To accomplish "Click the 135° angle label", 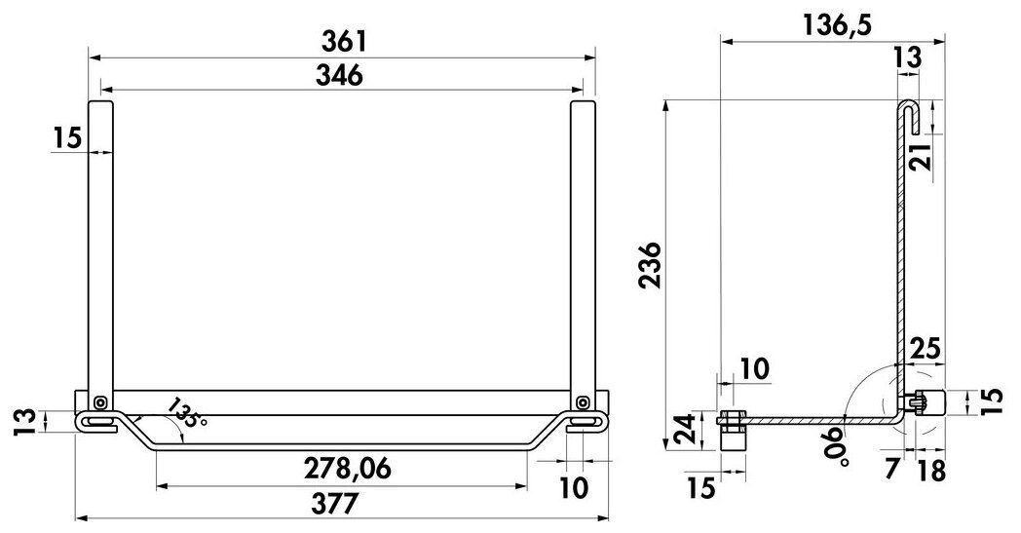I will pyautogui.click(x=186, y=413).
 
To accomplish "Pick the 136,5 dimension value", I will pyautogui.click(x=837, y=24).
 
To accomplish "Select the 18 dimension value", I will pyautogui.click(x=931, y=471).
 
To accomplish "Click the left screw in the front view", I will pyautogui.click(x=101, y=402).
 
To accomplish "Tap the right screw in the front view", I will pyautogui.click(x=583, y=402).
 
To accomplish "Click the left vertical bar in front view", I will pyautogui.click(x=101, y=244).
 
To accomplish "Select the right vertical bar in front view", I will pyautogui.click(x=583, y=244).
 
